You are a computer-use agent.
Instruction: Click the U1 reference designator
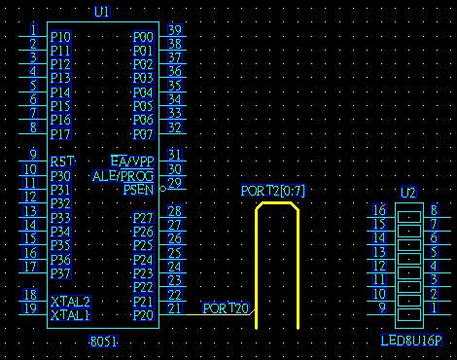[x=102, y=12]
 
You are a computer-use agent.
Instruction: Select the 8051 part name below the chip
[x=104, y=342]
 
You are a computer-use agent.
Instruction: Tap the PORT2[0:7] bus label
[x=273, y=191]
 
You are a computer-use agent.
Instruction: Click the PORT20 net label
[x=226, y=308]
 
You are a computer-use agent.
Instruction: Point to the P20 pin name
[x=143, y=315]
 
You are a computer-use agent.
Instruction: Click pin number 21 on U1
[x=175, y=308]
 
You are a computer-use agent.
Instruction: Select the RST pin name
[x=62, y=162]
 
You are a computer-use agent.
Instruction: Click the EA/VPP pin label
[x=132, y=162]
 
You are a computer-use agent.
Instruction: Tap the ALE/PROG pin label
[x=123, y=176]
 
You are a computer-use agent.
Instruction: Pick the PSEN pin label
[x=138, y=190]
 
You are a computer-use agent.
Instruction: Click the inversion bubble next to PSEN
[x=163, y=189]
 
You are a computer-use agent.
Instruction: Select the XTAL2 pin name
[x=71, y=302]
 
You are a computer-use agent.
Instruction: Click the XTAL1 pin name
[x=71, y=315]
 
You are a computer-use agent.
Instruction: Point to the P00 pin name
[x=143, y=37]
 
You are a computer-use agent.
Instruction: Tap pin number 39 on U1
[x=175, y=30]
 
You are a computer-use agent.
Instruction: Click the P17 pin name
[x=60, y=134]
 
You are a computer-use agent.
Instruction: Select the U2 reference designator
[x=408, y=193]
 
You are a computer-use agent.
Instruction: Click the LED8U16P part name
[x=411, y=341]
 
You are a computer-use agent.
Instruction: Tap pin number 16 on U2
[x=379, y=210]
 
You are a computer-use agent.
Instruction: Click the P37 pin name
[x=60, y=273]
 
